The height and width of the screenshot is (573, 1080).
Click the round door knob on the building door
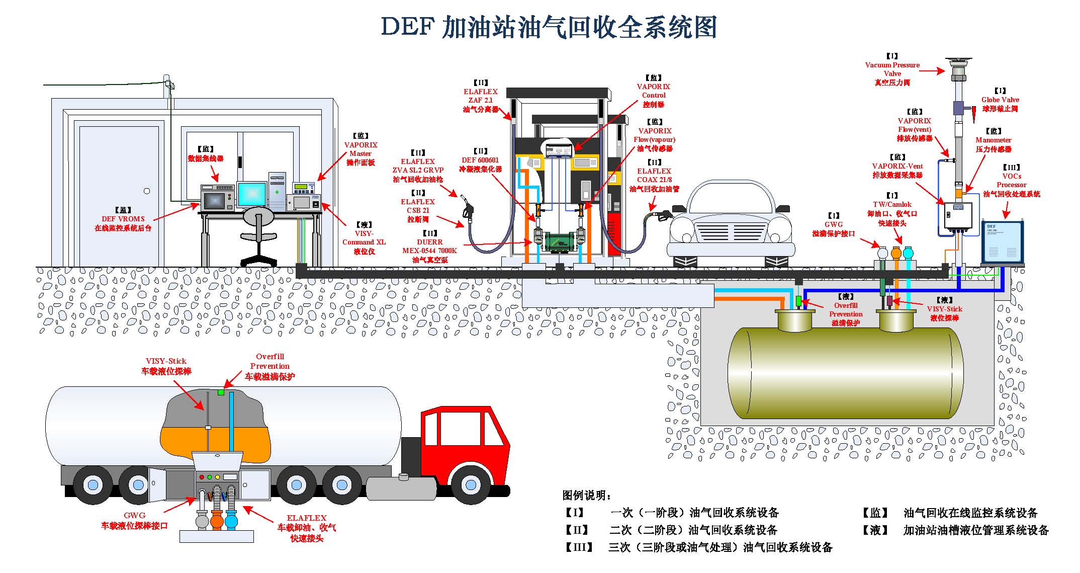pyautogui.click(x=147, y=191)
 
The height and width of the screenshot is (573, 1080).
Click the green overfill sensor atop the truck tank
pyautogui.click(x=221, y=392)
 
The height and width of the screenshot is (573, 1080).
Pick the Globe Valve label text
pyautogui.click(x=1000, y=104)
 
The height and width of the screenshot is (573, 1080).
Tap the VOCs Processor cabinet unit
pyautogui.click(x=1003, y=242)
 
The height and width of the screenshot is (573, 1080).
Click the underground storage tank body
pyautogui.click(x=845, y=373)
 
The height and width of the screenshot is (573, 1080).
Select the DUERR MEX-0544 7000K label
pyautogui.click(x=429, y=251)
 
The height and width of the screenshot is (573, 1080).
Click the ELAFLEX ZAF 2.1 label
pyautogui.click(x=480, y=100)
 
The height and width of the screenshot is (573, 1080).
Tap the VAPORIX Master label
pyautogui.click(x=361, y=153)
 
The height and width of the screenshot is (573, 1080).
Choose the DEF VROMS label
pyautogui.click(x=123, y=223)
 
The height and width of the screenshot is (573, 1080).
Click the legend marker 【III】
pyautogui.click(x=579, y=547)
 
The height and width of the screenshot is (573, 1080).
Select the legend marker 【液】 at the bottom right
pyautogui.click(x=875, y=530)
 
